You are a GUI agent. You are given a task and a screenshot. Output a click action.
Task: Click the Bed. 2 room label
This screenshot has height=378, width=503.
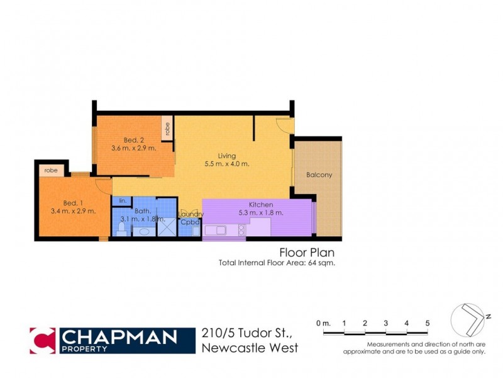(x=130, y=140)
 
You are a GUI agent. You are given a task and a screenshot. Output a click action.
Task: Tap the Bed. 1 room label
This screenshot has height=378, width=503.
(x=72, y=203)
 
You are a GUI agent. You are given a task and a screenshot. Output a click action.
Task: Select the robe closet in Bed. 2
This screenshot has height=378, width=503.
(x=167, y=129)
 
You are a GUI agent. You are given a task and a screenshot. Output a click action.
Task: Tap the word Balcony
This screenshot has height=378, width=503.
(x=319, y=175)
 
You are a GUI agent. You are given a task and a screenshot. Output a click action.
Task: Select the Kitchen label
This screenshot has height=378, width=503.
(x=260, y=205)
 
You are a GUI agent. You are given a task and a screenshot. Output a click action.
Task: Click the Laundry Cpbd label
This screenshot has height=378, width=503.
(x=190, y=218)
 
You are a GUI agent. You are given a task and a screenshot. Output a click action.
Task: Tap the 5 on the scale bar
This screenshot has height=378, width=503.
(x=428, y=323)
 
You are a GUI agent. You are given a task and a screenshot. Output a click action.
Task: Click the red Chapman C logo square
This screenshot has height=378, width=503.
(x=42, y=340)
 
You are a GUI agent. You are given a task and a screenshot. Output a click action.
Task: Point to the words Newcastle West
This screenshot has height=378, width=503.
(x=250, y=348)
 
